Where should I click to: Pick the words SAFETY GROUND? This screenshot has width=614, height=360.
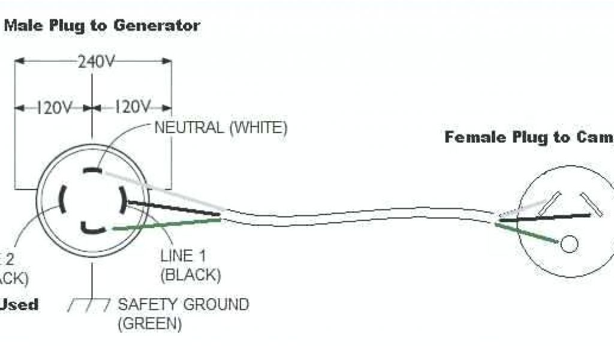click(183, 304)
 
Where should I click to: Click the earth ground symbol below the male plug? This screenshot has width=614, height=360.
click(91, 305)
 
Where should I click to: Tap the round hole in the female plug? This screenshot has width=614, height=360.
click(568, 244)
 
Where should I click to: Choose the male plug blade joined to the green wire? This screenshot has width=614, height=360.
click(93, 228)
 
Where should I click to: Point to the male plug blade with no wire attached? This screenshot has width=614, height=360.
click(62, 200)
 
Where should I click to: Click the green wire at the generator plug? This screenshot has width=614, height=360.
click(168, 224)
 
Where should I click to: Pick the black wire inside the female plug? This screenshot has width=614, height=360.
click(540, 218)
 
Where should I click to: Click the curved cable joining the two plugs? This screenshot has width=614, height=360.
click(360, 217)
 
